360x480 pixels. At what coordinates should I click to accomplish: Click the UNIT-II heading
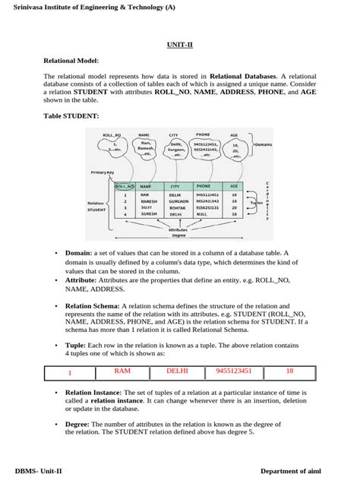click(x=179, y=45)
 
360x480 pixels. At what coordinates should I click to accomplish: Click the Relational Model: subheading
click(x=72, y=60)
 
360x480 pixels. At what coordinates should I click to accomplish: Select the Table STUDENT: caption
click(x=71, y=115)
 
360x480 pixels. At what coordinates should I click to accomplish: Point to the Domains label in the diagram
click(x=263, y=144)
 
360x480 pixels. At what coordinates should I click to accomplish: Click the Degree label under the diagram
click(x=178, y=235)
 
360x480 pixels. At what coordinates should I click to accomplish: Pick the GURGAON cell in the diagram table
click(x=179, y=201)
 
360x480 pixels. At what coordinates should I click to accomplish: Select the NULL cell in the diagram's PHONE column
click(x=201, y=214)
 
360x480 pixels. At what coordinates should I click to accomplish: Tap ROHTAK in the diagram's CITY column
click(x=178, y=207)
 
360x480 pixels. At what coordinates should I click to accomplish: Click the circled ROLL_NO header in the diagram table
click(x=124, y=185)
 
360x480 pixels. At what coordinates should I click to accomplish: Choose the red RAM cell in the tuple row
click(x=122, y=371)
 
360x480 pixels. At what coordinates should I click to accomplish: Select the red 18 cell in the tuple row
click(x=289, y=371)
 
